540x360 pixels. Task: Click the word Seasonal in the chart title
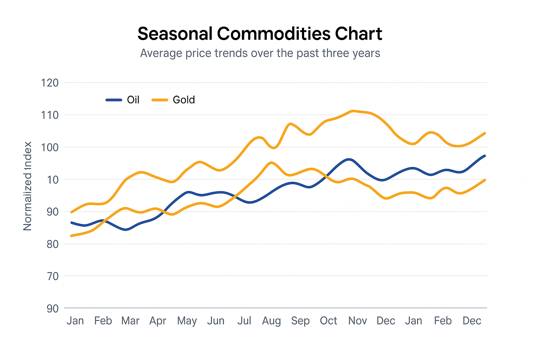(175, 34)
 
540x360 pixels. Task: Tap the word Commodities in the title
(274, 34)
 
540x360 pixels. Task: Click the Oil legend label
(133, 100)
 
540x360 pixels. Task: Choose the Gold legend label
(184, 100)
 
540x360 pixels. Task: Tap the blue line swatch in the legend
(114, 100)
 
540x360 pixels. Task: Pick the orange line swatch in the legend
(160, 100)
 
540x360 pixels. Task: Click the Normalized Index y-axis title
(28, 186)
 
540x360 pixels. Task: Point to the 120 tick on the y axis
(50, 83)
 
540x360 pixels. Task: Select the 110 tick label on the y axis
(50, 115)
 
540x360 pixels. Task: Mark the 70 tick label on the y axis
(52, 276)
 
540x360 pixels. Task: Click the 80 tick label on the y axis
(52, 244)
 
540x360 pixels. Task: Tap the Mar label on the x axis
(130, 321)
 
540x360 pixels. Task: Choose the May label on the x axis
(187, 321)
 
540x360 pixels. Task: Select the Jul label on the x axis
(244, 321)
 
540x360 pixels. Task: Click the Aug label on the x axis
(271, 321)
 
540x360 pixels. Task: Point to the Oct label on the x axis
(328, 321)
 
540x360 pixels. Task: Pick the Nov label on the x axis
(358, 321)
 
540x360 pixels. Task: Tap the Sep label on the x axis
(300, 321)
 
